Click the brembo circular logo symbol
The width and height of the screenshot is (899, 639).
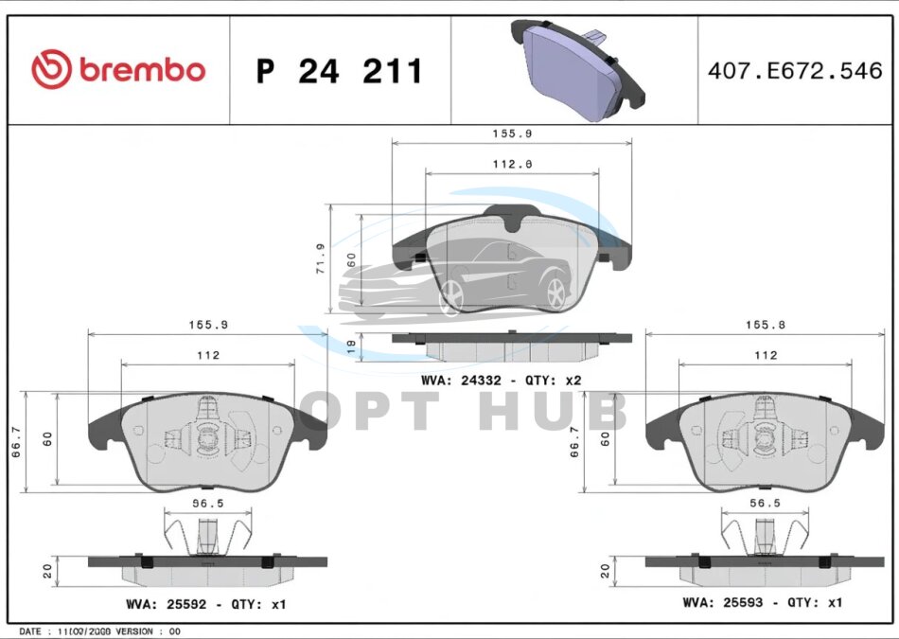tap(52, 69)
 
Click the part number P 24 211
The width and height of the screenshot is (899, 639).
tap(339, 71)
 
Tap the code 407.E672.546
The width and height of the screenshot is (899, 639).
tap(795, 71)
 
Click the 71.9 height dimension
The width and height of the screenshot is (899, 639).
tap(321, 258)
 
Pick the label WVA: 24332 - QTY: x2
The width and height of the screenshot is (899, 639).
tap(502, 381)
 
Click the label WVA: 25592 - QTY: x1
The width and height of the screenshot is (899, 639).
tap(206, 605)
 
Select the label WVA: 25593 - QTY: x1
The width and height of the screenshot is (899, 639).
tap(763, 602)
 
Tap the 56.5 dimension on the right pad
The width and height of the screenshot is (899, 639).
tap(765, 503)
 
